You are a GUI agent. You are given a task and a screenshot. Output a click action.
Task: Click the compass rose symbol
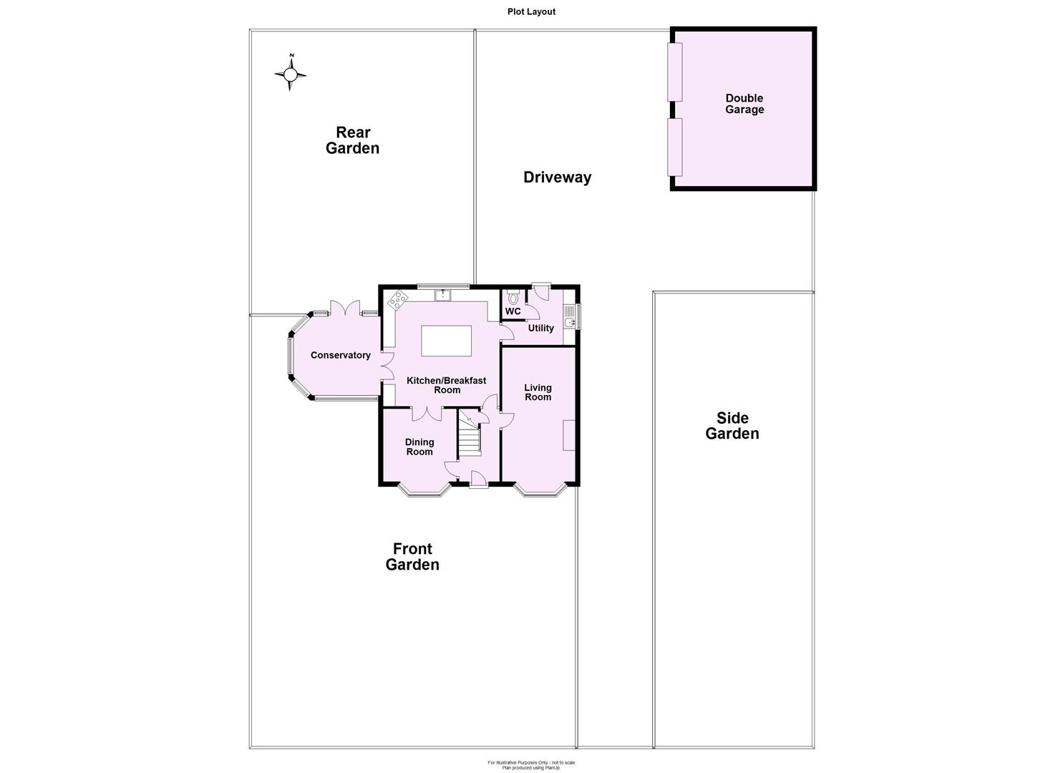[291, 74]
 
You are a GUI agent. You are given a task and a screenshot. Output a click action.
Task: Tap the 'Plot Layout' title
[531, 11]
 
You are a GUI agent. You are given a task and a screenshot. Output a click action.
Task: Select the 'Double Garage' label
[744, 104]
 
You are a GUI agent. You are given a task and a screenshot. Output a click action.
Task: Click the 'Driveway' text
[557, 178]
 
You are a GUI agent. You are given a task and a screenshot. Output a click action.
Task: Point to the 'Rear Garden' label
[353, 140]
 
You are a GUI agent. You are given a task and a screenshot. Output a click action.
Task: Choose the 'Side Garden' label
[732, 426]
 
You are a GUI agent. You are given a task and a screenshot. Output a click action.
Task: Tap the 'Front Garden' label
[412, 557]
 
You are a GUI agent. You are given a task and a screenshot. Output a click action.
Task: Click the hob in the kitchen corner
[398, 301]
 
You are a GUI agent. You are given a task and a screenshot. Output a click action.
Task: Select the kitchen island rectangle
[446, 341]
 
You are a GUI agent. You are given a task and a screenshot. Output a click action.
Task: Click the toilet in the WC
[513, 298]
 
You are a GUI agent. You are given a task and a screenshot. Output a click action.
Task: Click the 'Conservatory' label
[341, 356]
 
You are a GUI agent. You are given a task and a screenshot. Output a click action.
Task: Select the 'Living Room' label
[538, 392]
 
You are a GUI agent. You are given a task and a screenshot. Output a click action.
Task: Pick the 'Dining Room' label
[419, 447]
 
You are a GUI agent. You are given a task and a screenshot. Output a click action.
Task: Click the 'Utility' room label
[541, 329]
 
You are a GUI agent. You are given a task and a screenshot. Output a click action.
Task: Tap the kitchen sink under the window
[443, 294]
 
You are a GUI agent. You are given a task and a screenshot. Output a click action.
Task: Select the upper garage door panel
[674, 72]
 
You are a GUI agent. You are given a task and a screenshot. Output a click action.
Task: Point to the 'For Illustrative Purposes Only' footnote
[531, 763]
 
